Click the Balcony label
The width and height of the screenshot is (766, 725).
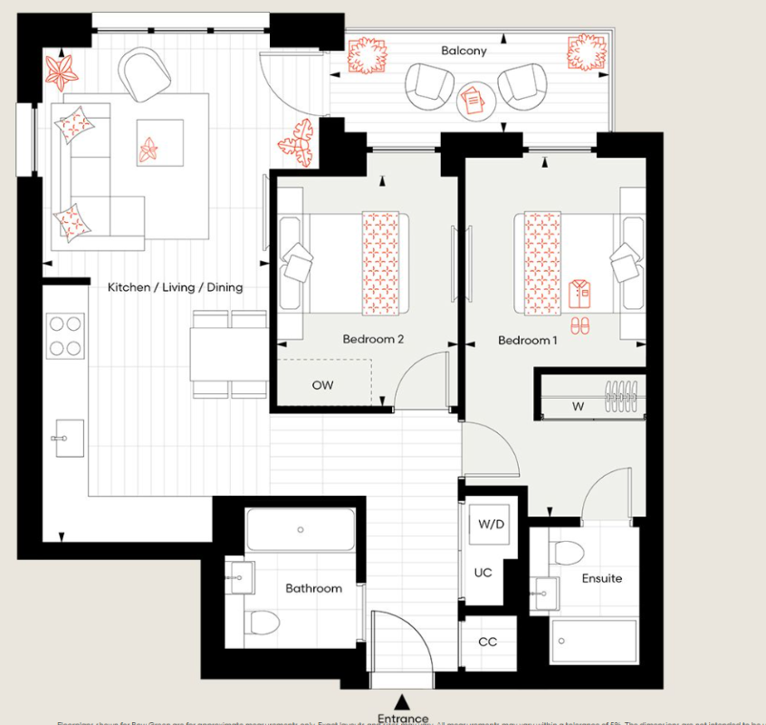point(464,51)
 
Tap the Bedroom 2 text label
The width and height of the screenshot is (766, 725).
point(372,340)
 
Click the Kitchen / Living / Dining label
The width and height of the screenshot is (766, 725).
point(175,287)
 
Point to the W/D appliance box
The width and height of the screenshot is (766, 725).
point(490,525)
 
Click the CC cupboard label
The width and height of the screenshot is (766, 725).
point(487,643)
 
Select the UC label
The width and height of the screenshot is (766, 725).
point(483,573)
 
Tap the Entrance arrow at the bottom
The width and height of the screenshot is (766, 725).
point(403,701)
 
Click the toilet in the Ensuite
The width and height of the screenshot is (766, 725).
point(568,552)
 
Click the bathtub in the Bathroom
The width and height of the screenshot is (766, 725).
point(301,530)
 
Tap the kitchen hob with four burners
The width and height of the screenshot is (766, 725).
point(65,335)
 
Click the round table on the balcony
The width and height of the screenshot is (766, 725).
point(475,100)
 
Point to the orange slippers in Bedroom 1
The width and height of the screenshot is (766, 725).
point(579,324)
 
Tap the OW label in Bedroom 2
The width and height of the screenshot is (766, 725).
point(322,385)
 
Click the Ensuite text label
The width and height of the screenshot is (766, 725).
point(602,578)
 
